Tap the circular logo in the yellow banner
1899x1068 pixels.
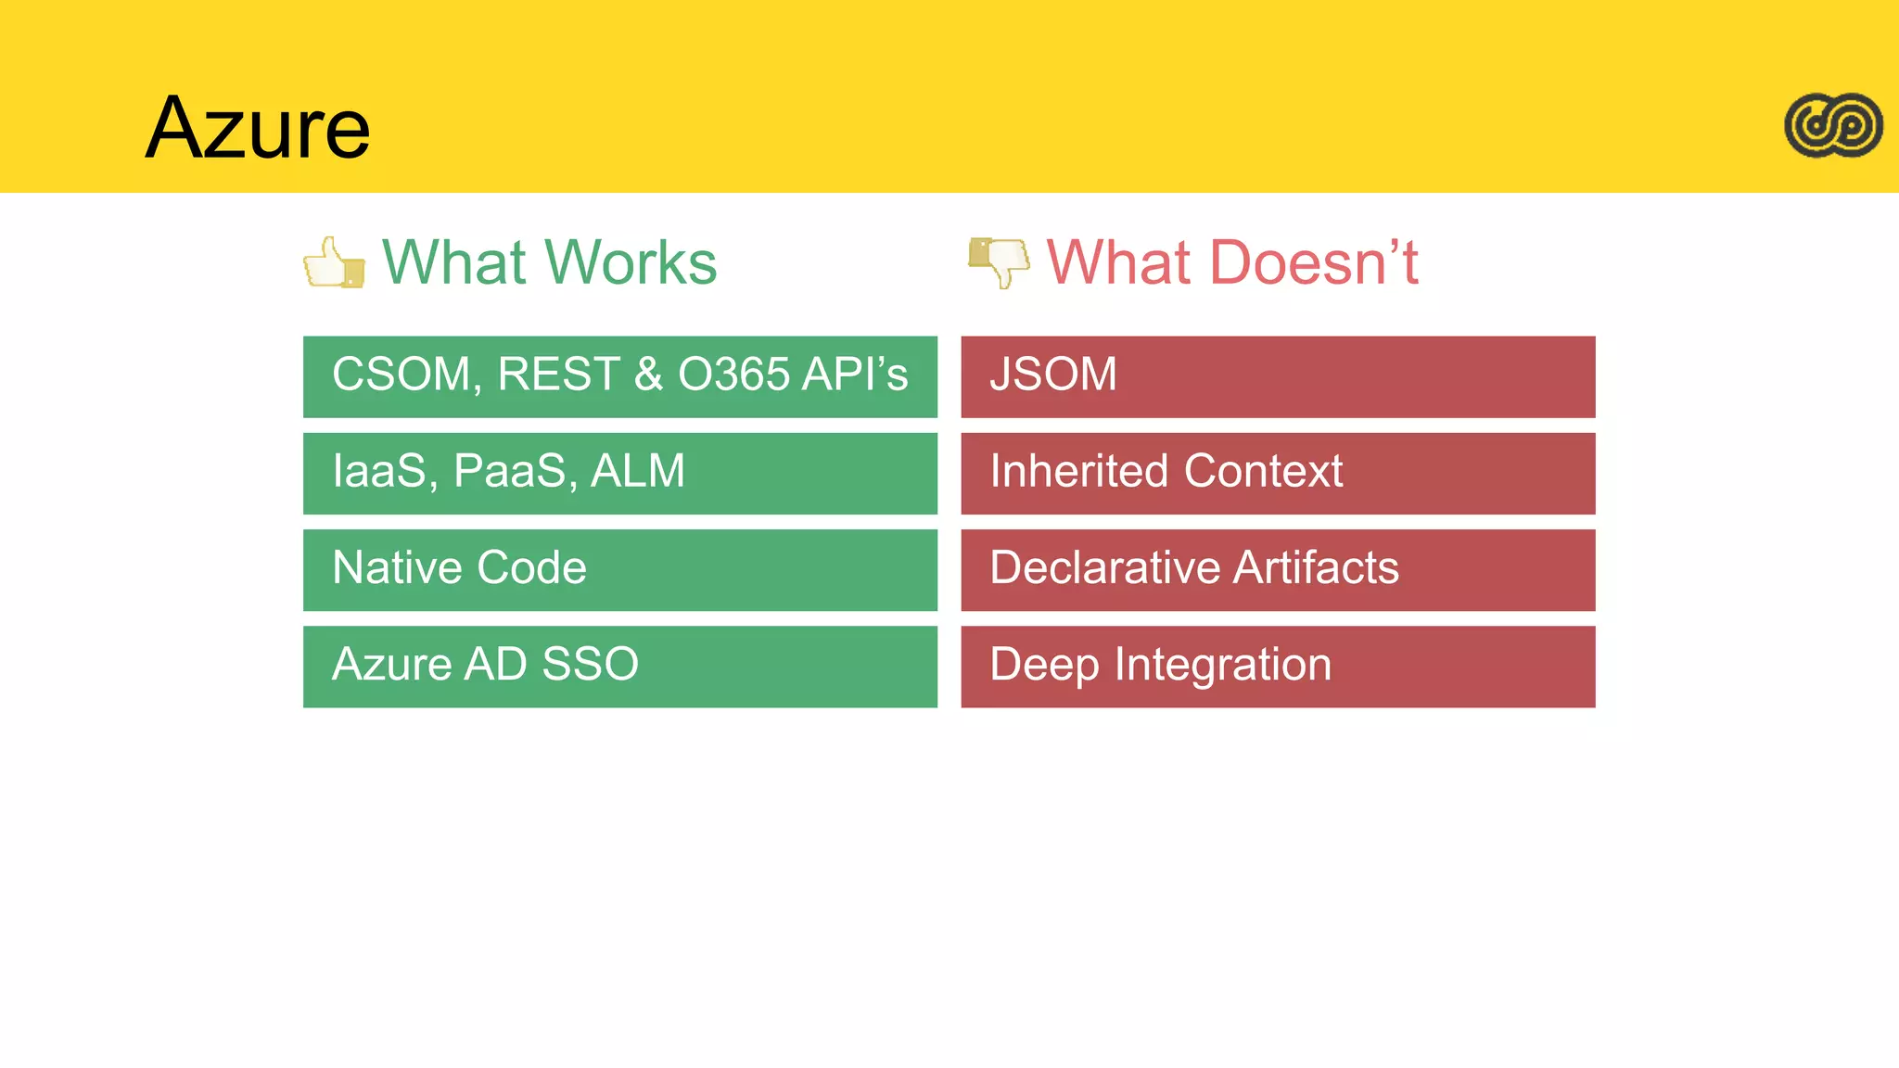(x=1833, y=125)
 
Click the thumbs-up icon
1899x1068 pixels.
(x=333, y=262)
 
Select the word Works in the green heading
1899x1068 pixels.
(x=631, y=262)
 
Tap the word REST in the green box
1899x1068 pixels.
(x=558, y=375)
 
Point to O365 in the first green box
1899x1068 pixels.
(x=734, y=375)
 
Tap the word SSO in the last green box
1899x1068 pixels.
(x=590, y=664)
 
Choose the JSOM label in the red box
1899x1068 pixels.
(x=1052, y=375)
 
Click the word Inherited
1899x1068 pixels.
(x=1078, y=471)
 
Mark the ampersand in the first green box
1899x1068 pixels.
(x=648, y=375)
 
